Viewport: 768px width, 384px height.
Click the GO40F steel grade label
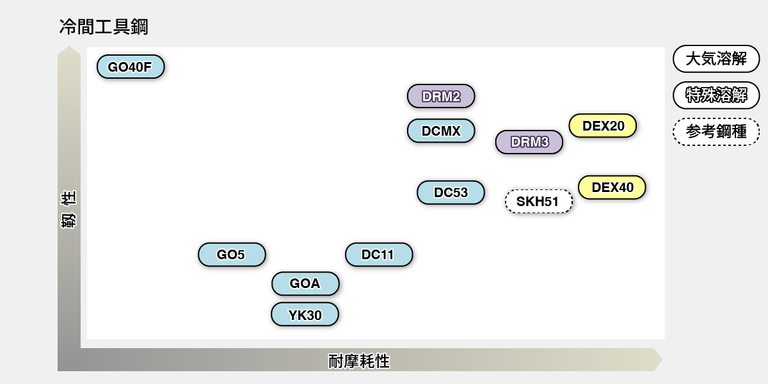tap(131, 67)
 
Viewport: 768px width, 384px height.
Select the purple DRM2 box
tap(441, 96)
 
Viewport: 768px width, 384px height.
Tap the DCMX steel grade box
tap(441, 131)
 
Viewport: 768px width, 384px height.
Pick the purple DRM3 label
tap(529, 142)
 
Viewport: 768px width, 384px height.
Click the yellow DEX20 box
tap(603, 125)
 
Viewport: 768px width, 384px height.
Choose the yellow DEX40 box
tap(612, 187)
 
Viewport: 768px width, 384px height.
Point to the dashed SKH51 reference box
tap(538, 202)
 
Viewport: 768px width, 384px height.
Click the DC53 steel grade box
tap(451, 192)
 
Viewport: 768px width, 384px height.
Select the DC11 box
tap(379, 254)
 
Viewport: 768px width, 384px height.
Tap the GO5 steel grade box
tap(232, 254)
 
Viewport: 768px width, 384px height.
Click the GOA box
tap(305, 284)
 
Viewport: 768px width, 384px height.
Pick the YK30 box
tap(305, 314)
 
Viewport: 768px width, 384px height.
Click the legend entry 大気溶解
tap(716, 59)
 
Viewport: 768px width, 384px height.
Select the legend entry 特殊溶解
tap(716, 95)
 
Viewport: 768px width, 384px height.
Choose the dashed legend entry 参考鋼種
tap(716, 132)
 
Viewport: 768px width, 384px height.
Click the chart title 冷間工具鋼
tap(104, 27)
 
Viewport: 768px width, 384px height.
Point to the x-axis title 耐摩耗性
tap(359, 361)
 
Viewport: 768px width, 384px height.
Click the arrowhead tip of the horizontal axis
tap(661, 360)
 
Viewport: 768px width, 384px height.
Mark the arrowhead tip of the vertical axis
tap(69, 47)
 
